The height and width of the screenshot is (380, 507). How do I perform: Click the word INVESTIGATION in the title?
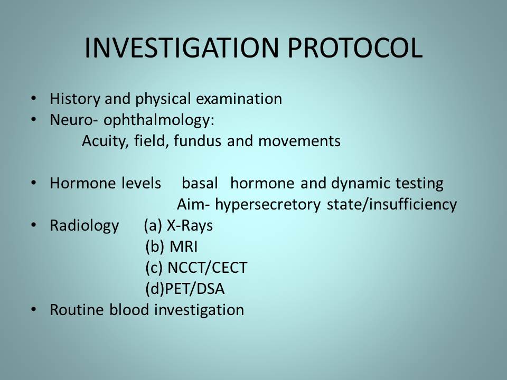181,48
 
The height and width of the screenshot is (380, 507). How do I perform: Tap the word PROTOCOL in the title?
355,48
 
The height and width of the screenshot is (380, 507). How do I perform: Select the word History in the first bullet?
75,99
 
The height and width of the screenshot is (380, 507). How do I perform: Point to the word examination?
239,99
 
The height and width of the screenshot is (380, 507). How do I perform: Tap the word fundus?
198,141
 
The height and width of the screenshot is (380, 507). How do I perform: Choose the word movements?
299,141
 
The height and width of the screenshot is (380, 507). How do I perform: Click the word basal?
200,183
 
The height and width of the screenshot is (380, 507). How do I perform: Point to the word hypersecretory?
268,205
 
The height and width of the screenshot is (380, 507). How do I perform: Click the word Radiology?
84,226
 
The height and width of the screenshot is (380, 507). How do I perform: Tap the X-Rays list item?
179,225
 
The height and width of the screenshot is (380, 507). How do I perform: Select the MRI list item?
171,246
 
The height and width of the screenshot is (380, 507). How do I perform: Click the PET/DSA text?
185,289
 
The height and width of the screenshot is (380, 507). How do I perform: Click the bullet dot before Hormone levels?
33,183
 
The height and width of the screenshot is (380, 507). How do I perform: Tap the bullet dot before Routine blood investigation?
33,309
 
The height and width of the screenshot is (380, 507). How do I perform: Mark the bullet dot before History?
33,98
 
